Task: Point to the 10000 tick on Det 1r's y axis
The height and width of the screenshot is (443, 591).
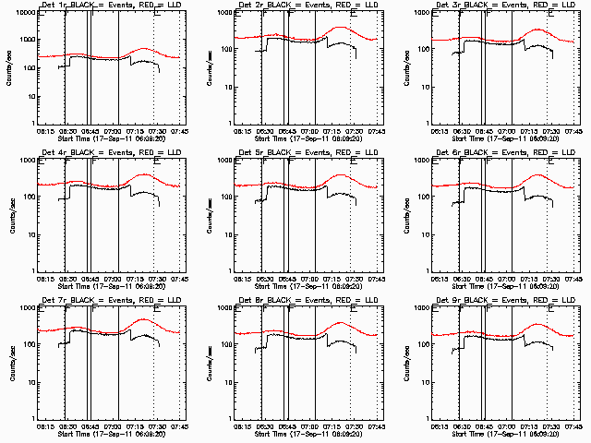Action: click(x=25, y=14)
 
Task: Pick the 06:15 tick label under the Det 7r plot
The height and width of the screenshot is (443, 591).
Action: click(x=43, y=425)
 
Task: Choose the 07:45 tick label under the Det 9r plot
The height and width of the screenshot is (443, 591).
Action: click(x=573, y=425)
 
